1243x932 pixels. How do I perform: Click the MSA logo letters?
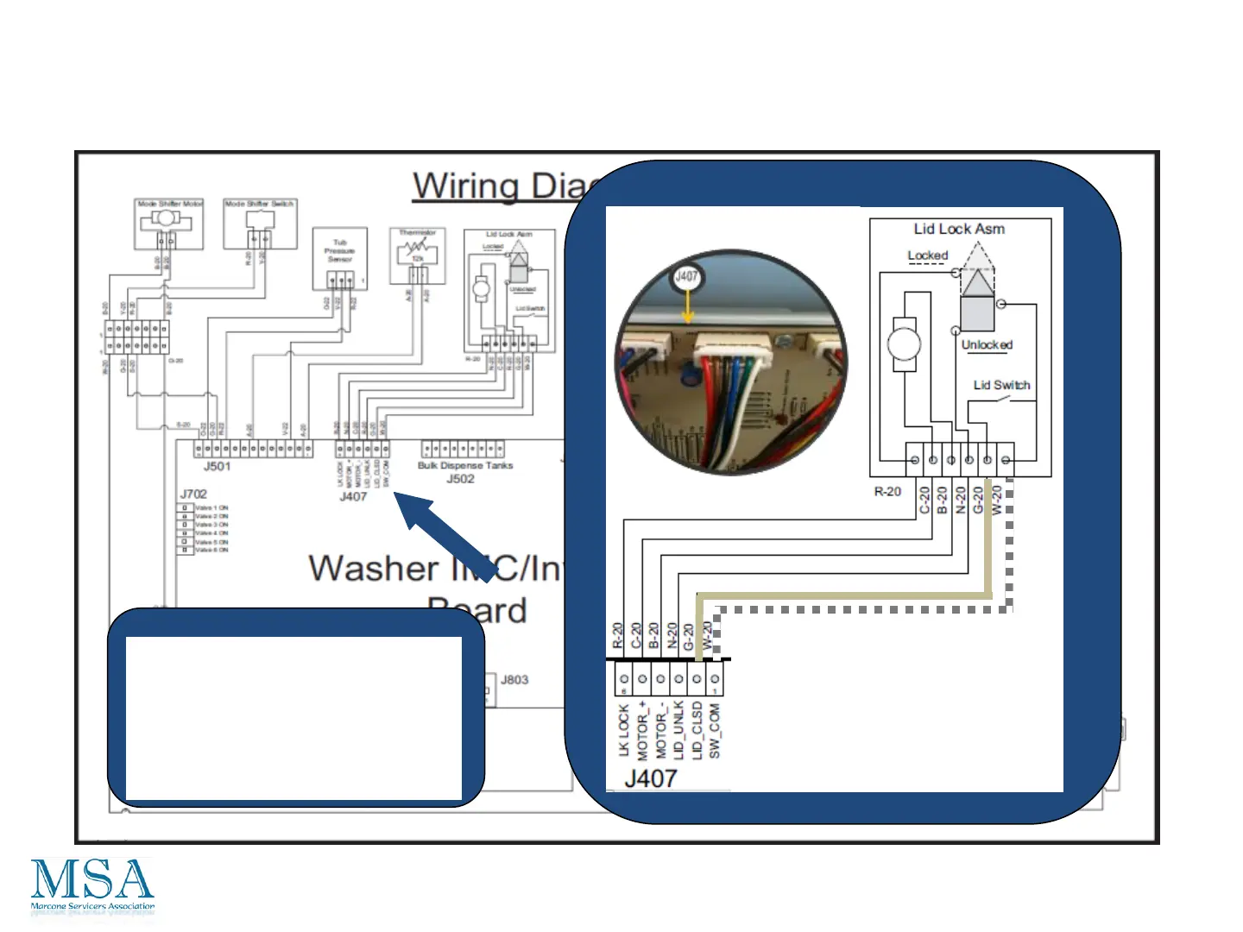click(92, 880)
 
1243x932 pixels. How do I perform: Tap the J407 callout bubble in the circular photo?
click(686, 278)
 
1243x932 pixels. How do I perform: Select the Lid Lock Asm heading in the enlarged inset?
click(959, 230)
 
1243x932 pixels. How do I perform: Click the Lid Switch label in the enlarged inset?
click(1001, 386)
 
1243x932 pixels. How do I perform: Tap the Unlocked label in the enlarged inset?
click(987, 345)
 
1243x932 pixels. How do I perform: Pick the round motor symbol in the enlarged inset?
click(904, 343)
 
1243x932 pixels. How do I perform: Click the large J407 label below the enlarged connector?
click(651, 778)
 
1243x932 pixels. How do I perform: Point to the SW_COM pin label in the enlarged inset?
click(715, 731)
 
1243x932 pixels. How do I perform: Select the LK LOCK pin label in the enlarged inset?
click(623, 731)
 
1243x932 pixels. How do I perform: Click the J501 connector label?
click(217, 467)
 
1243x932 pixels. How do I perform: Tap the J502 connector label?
click(460, 479)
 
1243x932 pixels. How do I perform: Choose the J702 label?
click(193, 494)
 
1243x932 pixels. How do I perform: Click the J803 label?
click(514, 680)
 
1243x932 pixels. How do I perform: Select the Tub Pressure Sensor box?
click(340, 258)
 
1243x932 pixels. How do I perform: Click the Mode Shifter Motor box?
click(170, 224)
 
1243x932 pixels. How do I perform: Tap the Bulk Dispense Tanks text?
click(465, 466)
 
